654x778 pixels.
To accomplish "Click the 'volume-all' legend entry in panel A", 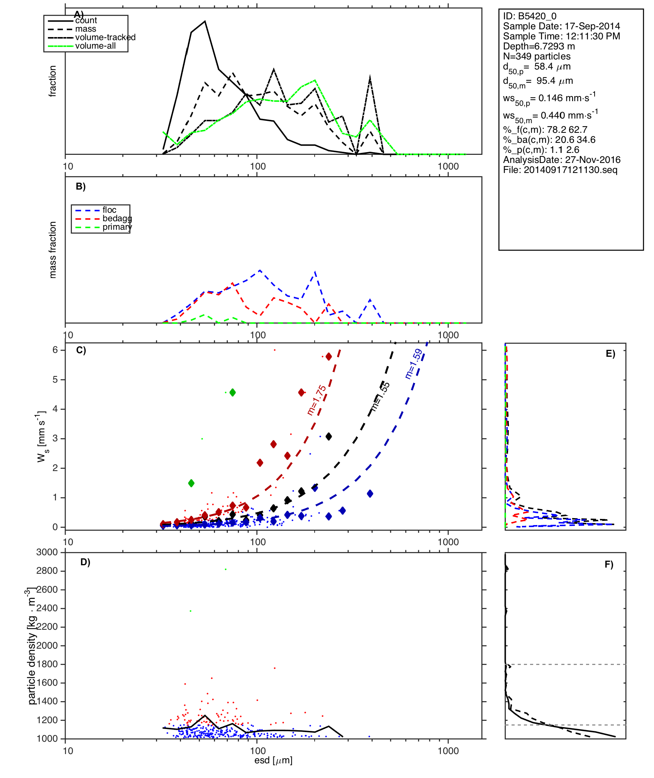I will pos(95,46).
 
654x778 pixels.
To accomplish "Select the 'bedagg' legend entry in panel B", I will pos(117,219).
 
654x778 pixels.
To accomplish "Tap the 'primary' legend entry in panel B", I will pos(117,227).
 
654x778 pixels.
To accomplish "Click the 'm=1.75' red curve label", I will pos(317,400).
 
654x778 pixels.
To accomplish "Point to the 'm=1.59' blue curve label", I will pos(414,364).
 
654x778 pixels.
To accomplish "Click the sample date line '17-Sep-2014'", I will pos(561,26).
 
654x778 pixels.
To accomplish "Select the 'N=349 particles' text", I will pos(537,56).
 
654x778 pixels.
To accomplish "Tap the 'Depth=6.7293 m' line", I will pos(539,46).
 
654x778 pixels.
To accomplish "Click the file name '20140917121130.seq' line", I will pos(560,170).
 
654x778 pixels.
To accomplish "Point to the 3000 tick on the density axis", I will pos(47,552).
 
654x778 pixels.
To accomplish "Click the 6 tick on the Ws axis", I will pos(55,350).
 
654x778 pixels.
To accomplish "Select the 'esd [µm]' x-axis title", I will pos(273,760).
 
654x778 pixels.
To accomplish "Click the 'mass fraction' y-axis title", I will pos(53,250).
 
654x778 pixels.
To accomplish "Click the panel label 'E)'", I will pos(610,354).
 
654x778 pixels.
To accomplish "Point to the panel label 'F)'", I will pos(609,564).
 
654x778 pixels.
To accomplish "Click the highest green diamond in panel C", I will pos(232,393).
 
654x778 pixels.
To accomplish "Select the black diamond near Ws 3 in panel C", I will pos(329,437).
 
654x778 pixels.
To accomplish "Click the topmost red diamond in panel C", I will pos(329,356).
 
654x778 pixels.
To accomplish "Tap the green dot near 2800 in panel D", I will pos(226,569).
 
